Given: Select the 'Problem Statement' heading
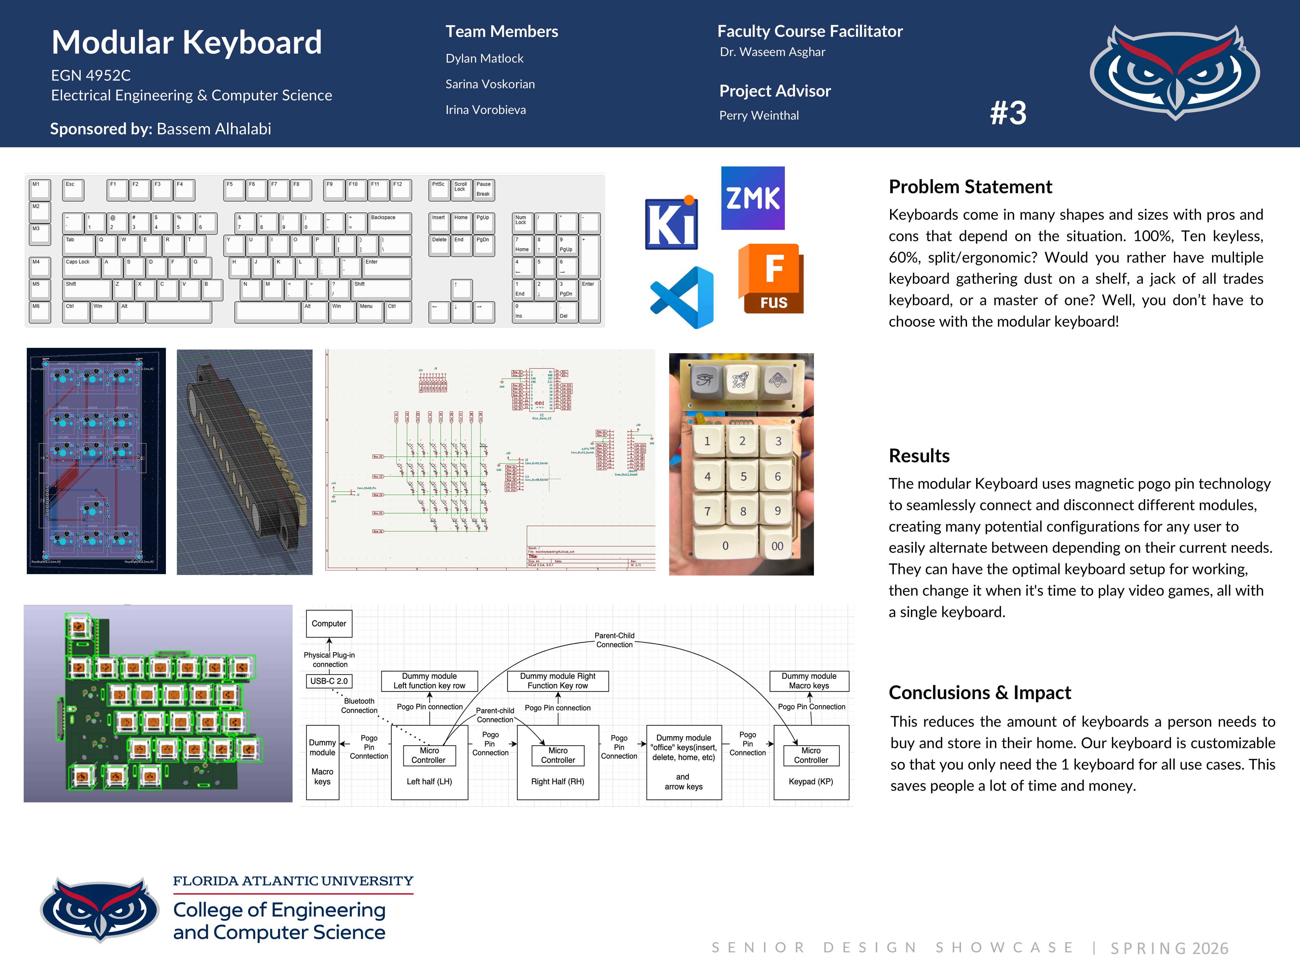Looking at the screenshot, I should [970, 187].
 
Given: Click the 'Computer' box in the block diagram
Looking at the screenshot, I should [328, 623].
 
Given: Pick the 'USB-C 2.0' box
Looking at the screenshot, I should [328, 681].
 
